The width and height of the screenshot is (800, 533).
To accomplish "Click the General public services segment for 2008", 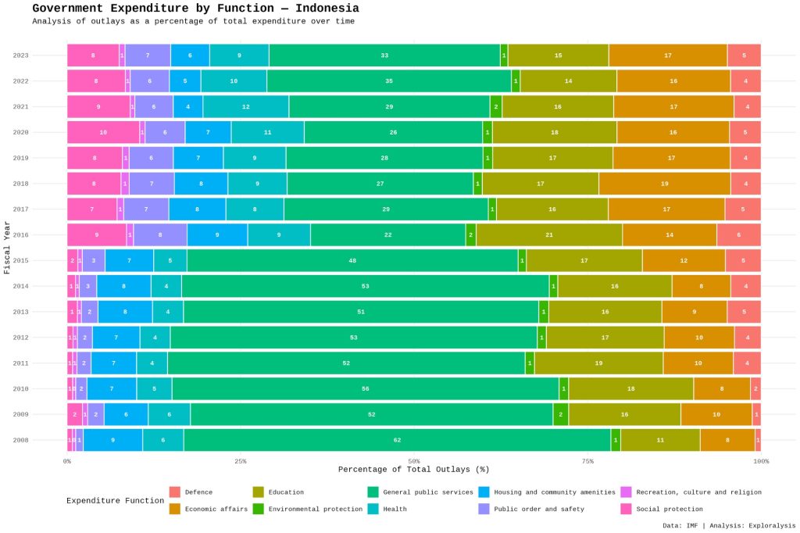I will [397, 440].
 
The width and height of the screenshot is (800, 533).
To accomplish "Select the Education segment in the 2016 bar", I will [549, 234].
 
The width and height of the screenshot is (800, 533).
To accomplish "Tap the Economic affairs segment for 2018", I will [664, 184].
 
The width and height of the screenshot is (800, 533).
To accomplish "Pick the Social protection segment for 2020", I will [103, 132].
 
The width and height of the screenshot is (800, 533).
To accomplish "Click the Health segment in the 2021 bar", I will [246, 106].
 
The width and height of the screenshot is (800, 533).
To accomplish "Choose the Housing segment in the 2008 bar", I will [112, 440].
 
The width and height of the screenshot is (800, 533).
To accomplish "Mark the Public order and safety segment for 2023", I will [148, 55].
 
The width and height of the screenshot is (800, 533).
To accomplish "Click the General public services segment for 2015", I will [352, 260].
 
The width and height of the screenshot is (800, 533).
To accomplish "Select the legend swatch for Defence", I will [175, 492].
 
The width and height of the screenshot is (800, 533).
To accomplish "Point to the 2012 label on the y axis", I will [21, 338].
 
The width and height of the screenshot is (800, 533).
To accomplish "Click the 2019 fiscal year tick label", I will [21, 158].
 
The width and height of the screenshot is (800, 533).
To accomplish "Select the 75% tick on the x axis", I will [587, 461].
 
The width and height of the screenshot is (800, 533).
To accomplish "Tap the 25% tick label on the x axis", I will [241, 461].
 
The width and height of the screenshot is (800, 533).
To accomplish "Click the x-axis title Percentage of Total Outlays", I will [413, 470].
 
